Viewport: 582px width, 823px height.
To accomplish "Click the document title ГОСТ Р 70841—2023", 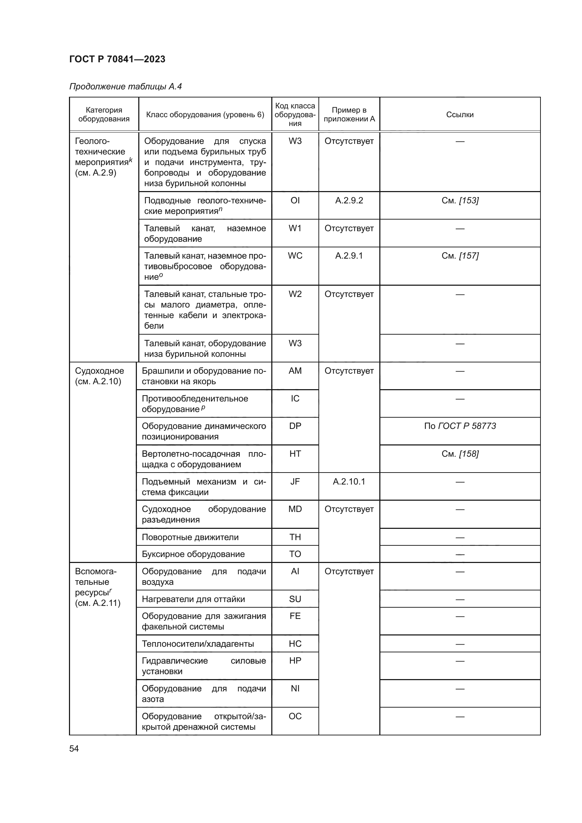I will point(117,59).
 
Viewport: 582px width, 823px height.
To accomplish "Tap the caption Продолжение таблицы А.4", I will point(125,87).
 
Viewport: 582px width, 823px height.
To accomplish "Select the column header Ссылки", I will point(460,115).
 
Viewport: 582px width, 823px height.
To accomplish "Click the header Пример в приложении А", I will point(349,115).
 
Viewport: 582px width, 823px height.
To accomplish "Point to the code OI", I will point(295,200).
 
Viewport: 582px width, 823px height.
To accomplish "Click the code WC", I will point(295,256).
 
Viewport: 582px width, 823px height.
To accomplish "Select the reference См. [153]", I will point(460,200).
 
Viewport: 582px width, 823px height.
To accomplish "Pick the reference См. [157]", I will point(460,256).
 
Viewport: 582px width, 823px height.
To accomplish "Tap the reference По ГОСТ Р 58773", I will point(460,426).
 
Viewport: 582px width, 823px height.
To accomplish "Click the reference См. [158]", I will point(460,454).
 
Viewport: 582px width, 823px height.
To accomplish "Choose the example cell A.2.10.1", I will point(349,482).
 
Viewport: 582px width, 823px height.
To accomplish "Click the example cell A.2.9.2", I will point(349,200).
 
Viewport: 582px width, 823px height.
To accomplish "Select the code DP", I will point(295,426).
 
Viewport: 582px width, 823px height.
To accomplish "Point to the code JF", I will point(295,482).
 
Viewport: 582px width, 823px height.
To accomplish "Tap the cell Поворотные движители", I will point(190,537).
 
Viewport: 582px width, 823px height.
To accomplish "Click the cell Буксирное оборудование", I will point(193,554).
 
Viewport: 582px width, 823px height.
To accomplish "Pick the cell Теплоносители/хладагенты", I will point(198,644).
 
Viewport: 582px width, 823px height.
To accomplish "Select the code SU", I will point(295,599).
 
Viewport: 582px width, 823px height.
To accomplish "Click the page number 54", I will point(74,749).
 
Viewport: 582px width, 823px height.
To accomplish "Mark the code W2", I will point(295,294).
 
